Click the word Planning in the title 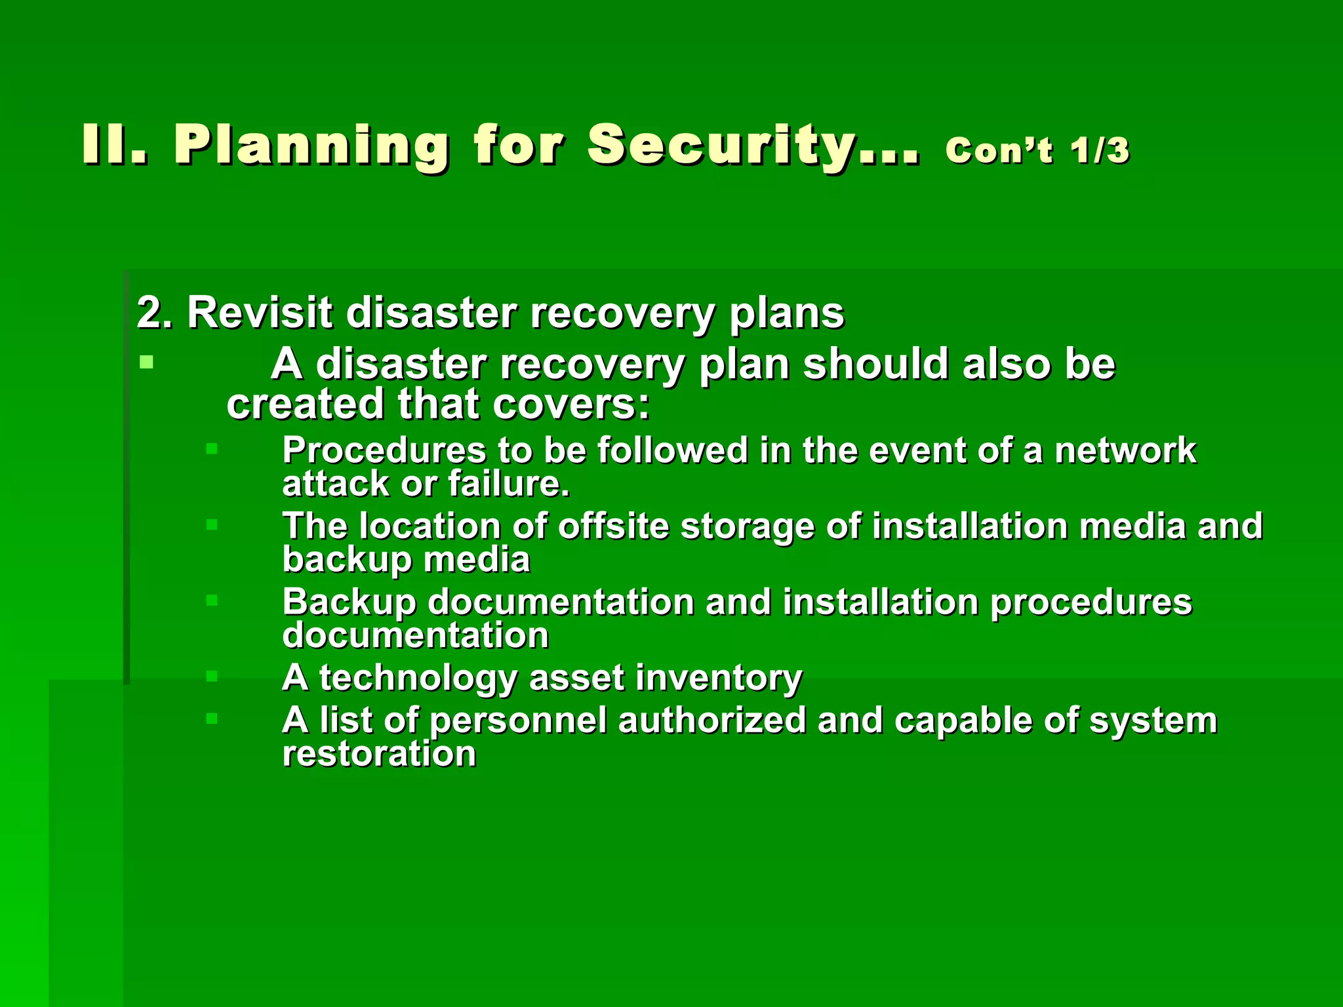click(311, 146)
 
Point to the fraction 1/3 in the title click(1100, 150)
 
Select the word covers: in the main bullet click(571, 404)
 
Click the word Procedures click(384, 450)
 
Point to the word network click(1125, 450)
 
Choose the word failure click(509, 484)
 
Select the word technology click(418, 678)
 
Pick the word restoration click(379, 753)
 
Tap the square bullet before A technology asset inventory click(211, 676)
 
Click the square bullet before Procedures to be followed click(211, 449)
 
